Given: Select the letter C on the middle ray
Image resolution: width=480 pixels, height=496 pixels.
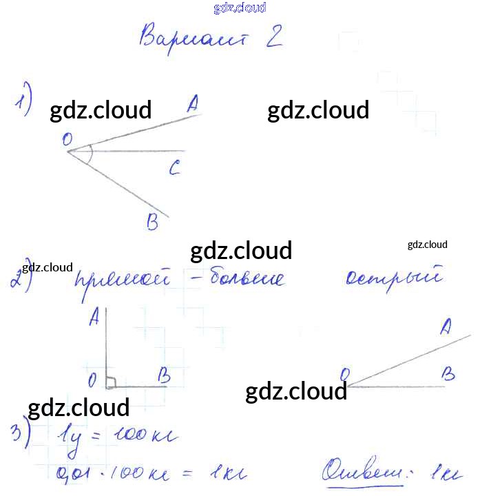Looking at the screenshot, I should point(175,167).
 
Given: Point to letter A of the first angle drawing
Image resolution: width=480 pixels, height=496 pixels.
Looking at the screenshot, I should point(192,104).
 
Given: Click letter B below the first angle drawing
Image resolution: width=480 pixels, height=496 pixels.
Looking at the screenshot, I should point(152,222).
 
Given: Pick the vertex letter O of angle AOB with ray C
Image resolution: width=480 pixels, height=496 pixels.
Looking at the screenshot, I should point(67,140).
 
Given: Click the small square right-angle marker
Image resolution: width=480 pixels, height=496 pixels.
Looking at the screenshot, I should point(111,381).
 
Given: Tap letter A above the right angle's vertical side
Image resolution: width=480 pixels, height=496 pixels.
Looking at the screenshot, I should point(95,316).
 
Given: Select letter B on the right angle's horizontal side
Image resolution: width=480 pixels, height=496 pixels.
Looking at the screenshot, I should point(164,375).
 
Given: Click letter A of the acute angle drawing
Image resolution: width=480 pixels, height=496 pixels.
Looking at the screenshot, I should point(446,325).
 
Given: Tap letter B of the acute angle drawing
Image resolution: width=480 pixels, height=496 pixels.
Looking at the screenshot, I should point(448,374).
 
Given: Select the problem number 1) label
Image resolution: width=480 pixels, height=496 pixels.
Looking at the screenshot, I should point(24,101).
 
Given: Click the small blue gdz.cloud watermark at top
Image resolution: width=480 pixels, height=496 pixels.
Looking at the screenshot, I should point(240,8).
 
